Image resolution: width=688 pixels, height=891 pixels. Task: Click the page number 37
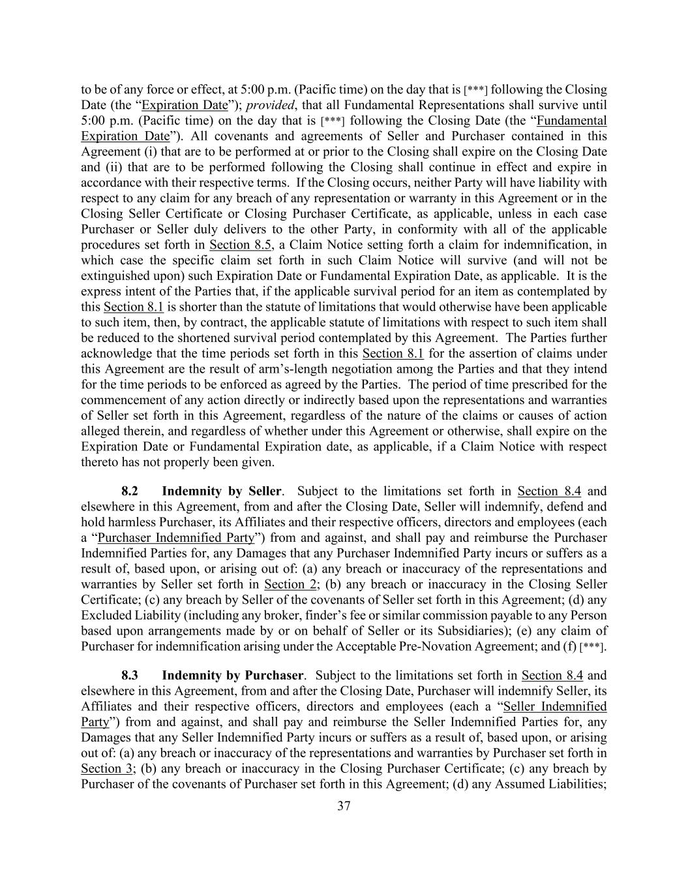coord(344,805)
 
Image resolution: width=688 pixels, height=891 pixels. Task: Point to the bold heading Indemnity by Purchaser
coord(233,675)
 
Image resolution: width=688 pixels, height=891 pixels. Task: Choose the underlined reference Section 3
coord(104,768)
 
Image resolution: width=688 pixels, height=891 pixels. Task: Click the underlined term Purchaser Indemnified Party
coord(175,538)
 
